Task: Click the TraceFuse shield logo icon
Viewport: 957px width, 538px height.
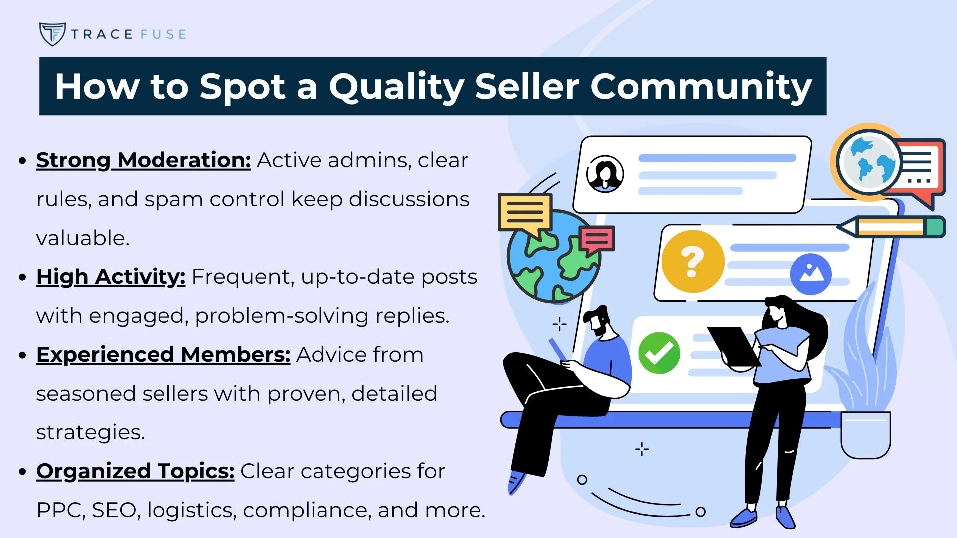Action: click(x=52, y=34)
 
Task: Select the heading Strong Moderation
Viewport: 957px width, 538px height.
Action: click(x=143, y=160)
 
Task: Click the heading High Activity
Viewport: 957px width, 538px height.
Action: click(x=111, y=277)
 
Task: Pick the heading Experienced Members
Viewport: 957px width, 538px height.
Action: click(x=163, y=355)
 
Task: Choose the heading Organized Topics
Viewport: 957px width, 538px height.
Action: click(x=135, y=471)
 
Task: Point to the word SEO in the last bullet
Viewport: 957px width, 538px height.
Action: click(x=114, y=510)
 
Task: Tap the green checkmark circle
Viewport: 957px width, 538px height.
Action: click(x=659, y=353)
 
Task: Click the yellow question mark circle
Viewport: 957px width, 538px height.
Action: click(x=692, y=262)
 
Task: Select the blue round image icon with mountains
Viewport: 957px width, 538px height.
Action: click(x=810, y=273)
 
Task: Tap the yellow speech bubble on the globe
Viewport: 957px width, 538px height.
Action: click(x=525, y=213)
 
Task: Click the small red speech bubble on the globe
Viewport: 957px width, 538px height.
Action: click(x=597, y=239)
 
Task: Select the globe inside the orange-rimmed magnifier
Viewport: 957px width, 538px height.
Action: click(x=869, y=162)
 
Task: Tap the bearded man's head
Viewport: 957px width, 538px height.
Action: click(x=598, y=321)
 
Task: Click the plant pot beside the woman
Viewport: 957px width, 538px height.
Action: click(x=865, y=434)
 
